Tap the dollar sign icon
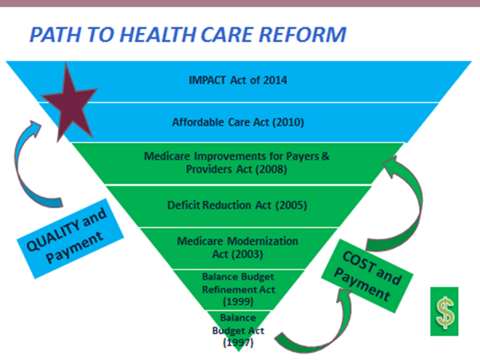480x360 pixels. (445, 312)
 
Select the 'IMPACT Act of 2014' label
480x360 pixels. (238, 80)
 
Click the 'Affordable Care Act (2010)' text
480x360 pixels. (238, 122)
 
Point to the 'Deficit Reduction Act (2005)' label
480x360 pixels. (237, 205)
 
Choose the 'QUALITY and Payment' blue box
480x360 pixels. (70, 239)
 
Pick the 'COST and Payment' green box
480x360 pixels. (367, 276)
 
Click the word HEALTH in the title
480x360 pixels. (158, 34)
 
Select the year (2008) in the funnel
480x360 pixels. (271, 169)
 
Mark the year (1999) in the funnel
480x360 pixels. (238, 301)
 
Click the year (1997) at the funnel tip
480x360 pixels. (238, 342)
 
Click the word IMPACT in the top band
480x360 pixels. (207, 80)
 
